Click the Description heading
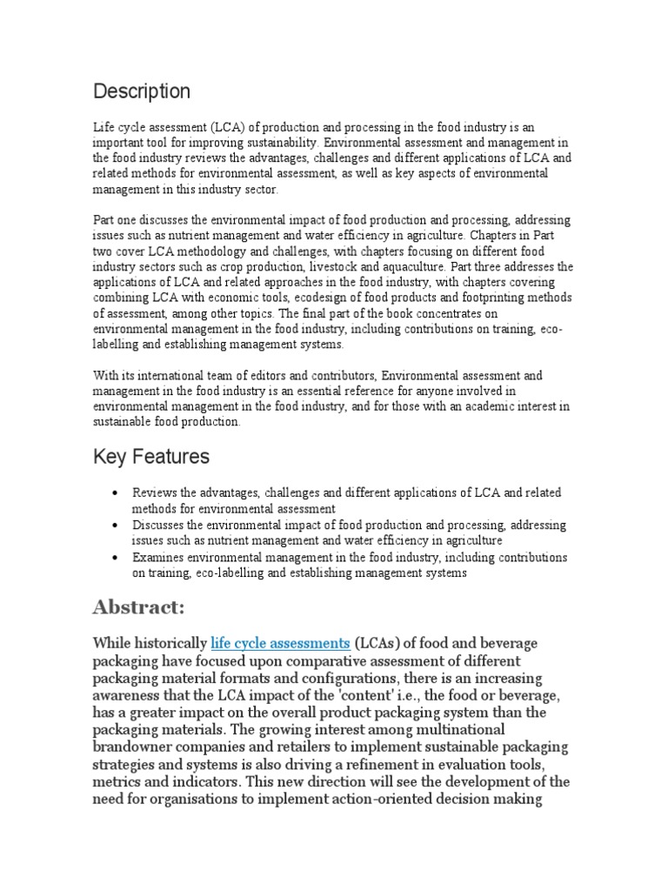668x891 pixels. click(142, 91)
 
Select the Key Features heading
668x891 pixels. click(151, 457)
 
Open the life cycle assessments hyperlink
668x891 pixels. click(280, 644)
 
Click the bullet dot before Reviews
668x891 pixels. click(115, 493)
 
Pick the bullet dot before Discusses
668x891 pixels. click(115, 526)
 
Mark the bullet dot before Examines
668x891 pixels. click(115, 558)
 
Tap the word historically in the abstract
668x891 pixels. click(171, 644)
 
